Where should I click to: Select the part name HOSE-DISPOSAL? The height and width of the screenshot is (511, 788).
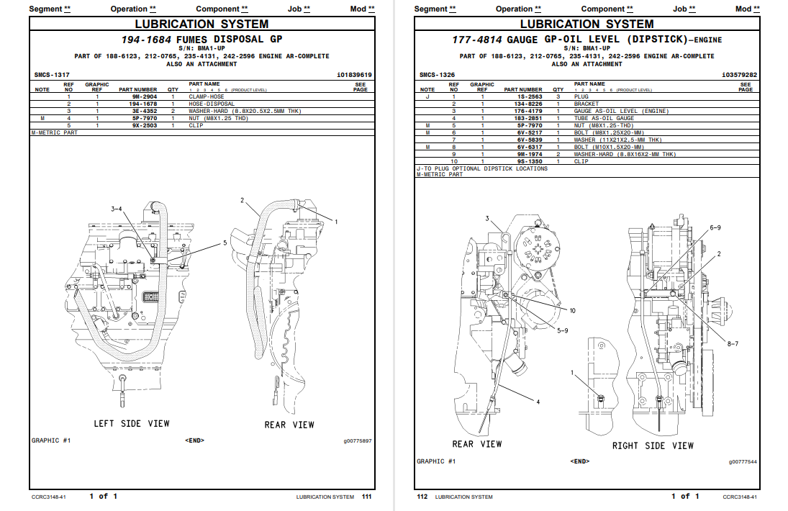click(x=212, y=104)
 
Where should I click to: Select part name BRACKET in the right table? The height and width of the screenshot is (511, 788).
click(x=586, y=104)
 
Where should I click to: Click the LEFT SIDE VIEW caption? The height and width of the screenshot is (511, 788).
click(x=132, y=423)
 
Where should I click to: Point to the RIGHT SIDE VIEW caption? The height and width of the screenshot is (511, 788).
click(x=653, y=446)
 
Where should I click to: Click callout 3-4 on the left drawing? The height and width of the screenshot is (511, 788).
click(x=117, y=209)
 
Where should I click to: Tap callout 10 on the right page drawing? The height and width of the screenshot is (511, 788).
click(x=572, y=311)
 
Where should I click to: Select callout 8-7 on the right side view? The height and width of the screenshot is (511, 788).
click(x=732, y=344)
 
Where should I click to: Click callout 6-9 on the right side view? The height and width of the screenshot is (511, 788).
click(x=715, y=227)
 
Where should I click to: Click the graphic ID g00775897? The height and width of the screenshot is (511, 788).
click(x=358, y=440)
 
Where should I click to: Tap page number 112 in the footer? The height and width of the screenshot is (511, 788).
click(x=422, y=496)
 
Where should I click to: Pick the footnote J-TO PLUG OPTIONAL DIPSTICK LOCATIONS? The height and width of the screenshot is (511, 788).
click(x=481, y=168)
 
